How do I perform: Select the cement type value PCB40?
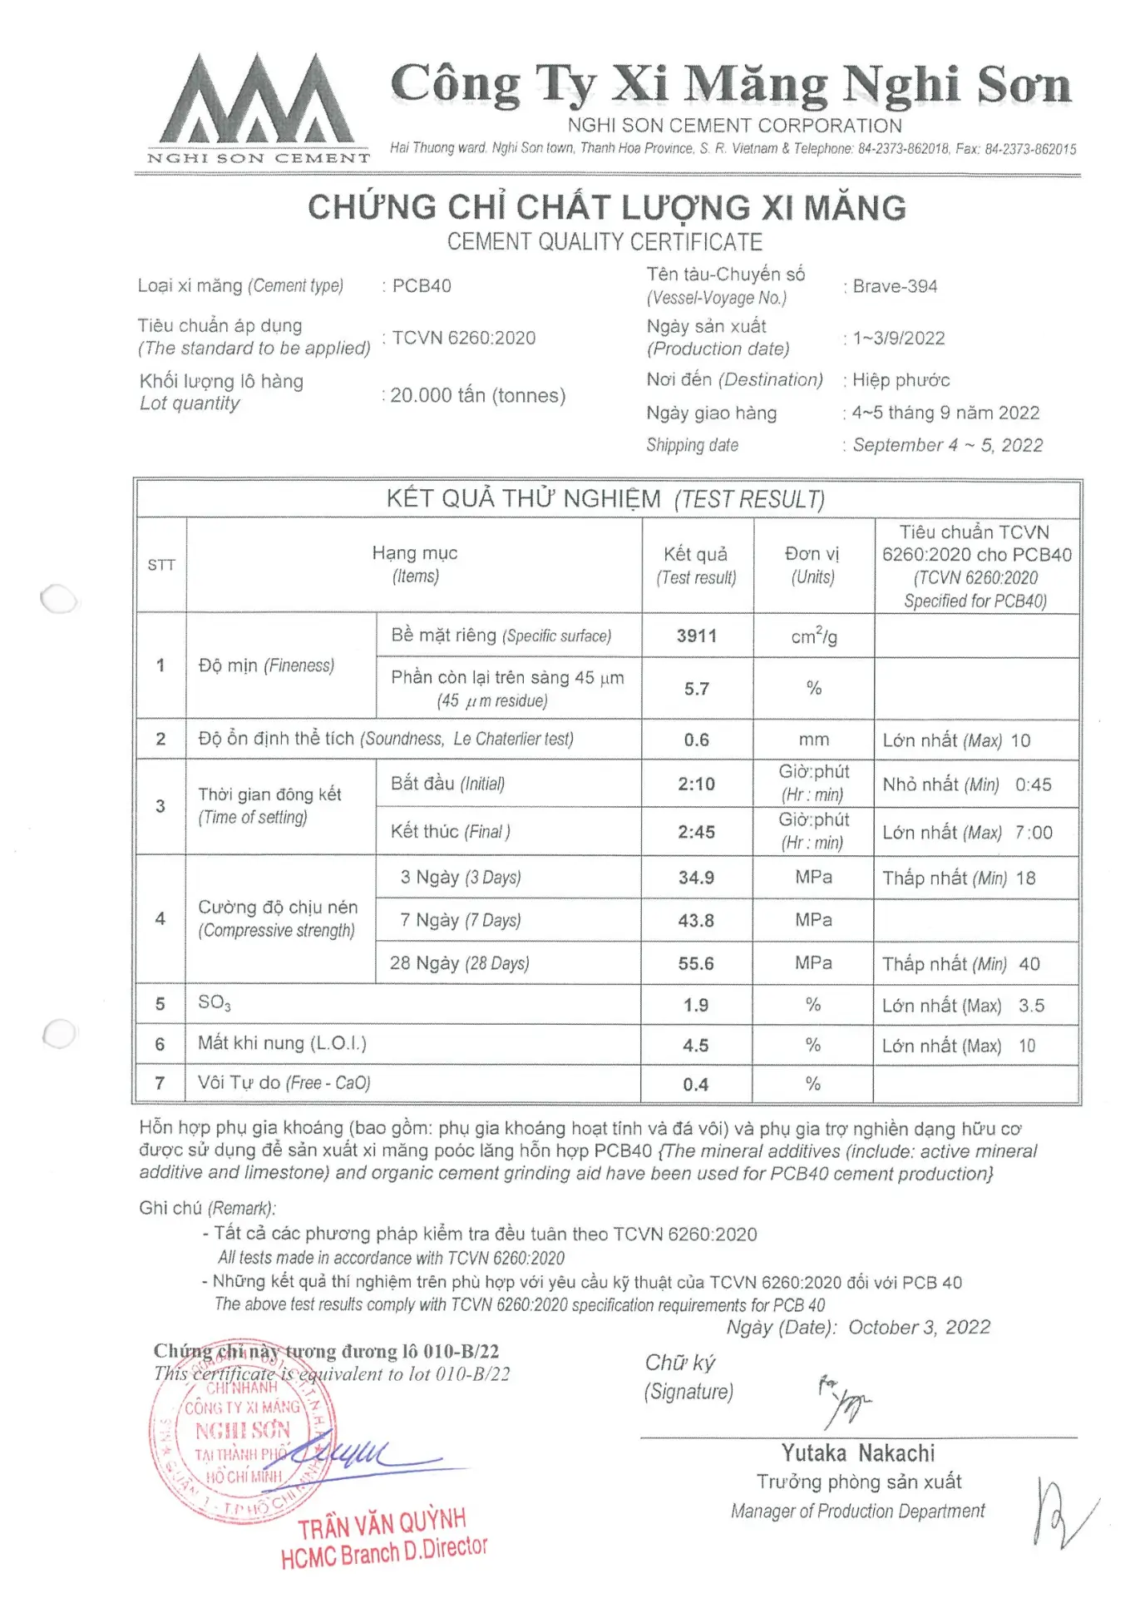422,286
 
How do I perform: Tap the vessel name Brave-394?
895,286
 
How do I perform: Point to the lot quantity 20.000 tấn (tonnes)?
477,395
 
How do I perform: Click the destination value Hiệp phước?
901,380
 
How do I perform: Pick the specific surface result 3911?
696,636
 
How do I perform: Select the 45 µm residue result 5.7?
696,689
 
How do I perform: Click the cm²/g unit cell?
813,636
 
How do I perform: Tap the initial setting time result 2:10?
696,784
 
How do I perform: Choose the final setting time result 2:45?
696,832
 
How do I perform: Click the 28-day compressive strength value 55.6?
696,963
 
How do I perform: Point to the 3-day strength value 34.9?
696,878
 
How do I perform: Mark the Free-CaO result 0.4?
696,1085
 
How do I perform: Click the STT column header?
161,565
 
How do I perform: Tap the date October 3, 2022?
919,1327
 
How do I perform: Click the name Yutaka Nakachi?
857,1453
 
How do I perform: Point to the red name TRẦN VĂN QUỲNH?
382,1524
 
